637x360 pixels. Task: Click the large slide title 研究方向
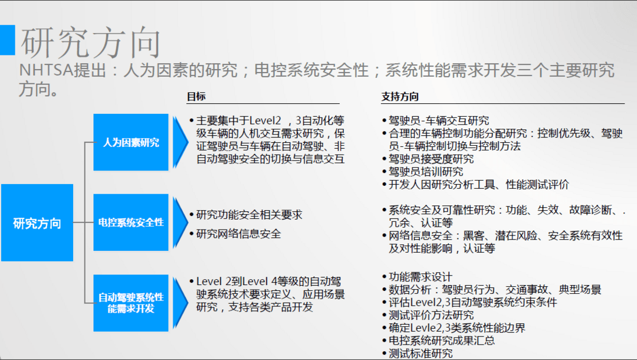(91, 42)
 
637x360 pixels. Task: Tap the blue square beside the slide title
(7, 40)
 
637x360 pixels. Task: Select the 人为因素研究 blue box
(131, 142)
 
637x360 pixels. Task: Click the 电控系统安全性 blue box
(131, 222)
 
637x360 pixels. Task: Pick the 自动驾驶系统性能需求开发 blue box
(131, 303)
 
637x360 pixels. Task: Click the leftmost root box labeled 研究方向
(37, 222)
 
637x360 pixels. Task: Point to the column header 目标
(196, 97)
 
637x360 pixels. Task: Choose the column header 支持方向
(400, 97)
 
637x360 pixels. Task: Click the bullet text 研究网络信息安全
(239, 234)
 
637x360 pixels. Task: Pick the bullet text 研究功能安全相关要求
(249, 215)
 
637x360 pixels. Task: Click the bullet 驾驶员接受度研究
(431, 159)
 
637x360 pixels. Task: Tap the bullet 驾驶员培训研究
(426, 172)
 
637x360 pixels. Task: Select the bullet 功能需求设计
(421, 277)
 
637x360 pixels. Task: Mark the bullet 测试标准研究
(421, 354)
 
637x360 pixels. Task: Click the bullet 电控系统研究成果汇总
(442, 341)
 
